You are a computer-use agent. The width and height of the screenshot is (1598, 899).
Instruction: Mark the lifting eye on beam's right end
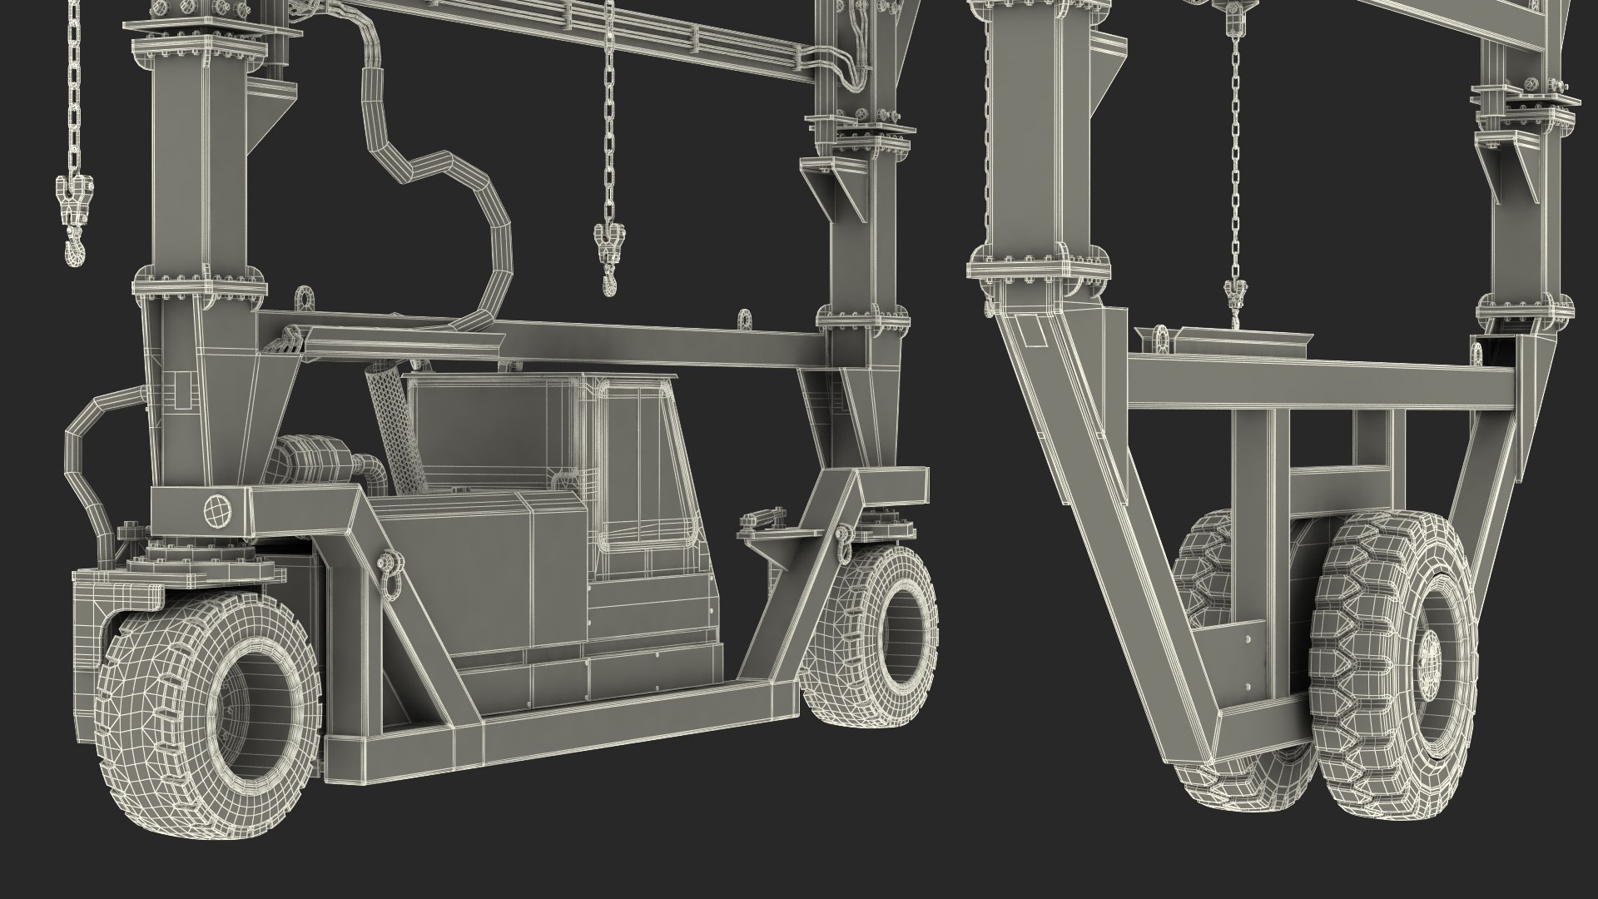743,320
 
